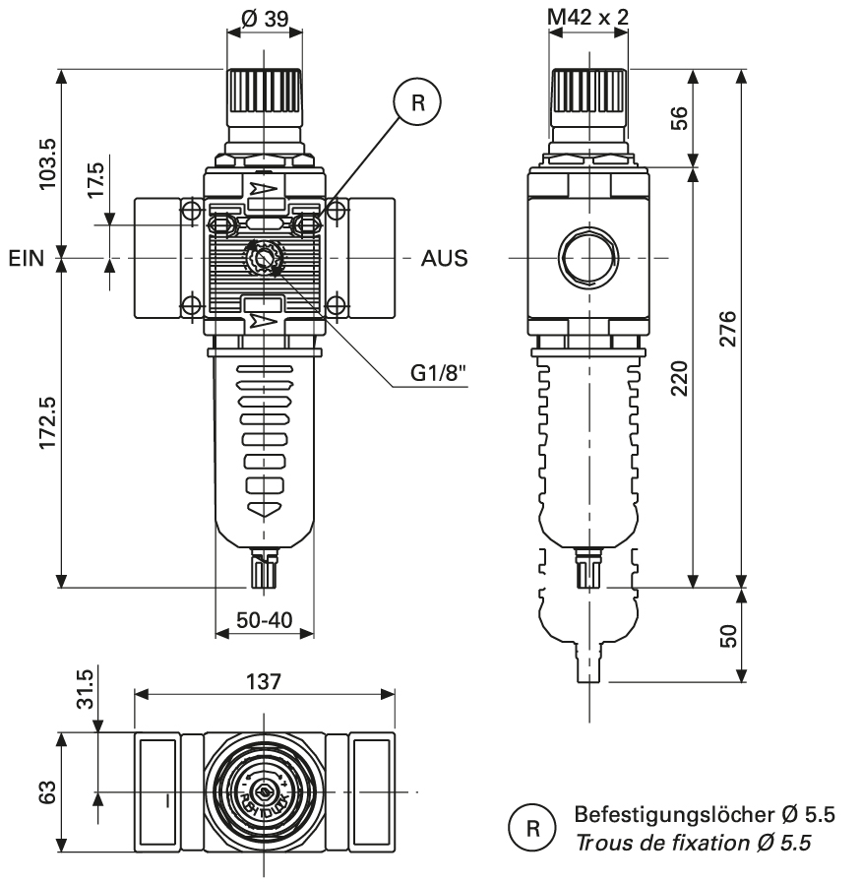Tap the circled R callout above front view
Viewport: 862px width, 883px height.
[417, 102]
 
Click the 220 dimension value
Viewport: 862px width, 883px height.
[678, 375]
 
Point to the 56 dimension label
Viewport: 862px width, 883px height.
[678, 116]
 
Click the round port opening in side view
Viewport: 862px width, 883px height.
[587, 259]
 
